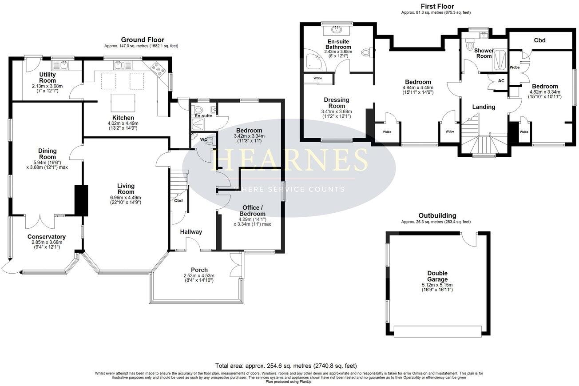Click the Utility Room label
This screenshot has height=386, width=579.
[47, 78]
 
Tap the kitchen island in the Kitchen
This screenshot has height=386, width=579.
[123, 103]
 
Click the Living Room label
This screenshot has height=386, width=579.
[126, 189]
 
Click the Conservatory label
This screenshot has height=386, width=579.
[47, 237]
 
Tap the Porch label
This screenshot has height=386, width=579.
[199, 270]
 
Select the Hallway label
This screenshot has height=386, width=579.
[191, 232]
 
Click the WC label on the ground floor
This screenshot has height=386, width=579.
[204, 139]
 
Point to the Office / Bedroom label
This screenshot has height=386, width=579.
[252, 211]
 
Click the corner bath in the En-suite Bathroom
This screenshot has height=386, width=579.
[315, 61]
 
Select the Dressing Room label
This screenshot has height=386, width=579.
[337, 103]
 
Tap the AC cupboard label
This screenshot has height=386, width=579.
[501, 81]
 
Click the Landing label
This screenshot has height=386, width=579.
[484, 107]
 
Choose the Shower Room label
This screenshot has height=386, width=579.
[484, 53]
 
